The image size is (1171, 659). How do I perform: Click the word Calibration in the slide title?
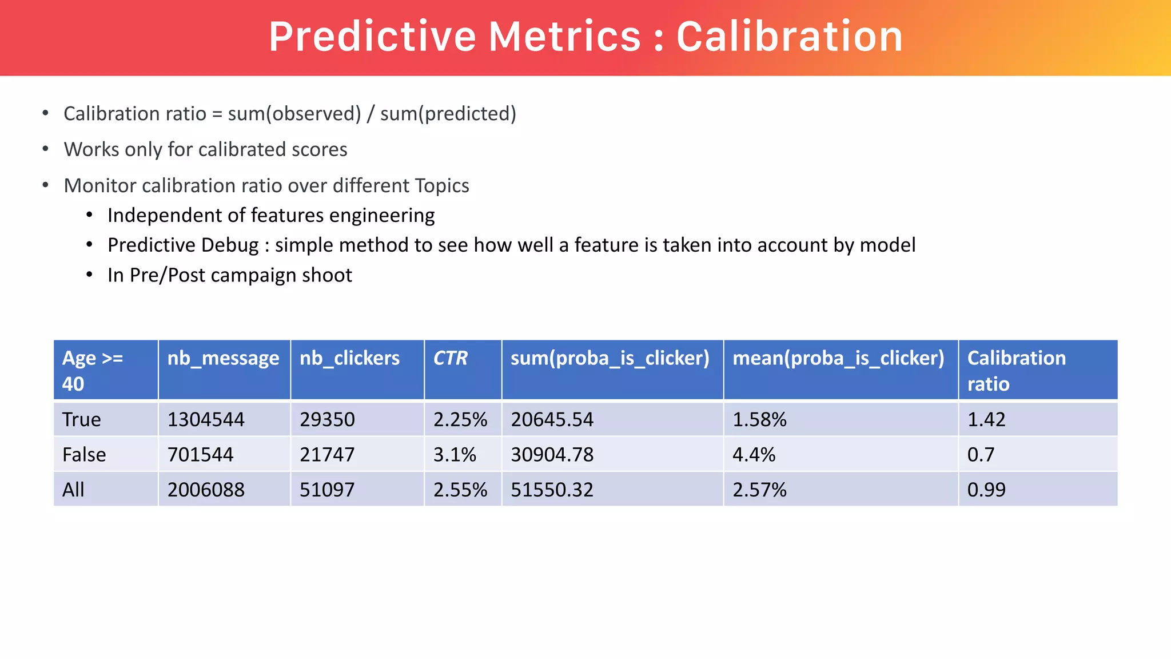tap(789, 37)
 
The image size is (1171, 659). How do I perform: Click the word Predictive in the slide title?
tap(372, 37)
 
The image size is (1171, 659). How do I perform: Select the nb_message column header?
tap(223, 358)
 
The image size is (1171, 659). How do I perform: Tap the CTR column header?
tap(450, 358)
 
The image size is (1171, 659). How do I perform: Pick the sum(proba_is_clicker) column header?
tap(610, 358)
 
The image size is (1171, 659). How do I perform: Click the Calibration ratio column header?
tap(1016, 370)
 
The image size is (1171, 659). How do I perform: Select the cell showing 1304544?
tap(206, 419)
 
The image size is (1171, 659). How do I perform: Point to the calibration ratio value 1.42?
tap(986, 419)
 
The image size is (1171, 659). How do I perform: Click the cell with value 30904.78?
tap(552, 455)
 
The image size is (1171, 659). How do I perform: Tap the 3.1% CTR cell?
tap(455, 455)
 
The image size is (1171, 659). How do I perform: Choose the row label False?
tap(84, 455)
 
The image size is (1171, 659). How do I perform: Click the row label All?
tap(73, 490)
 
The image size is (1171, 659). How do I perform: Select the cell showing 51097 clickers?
tap(327, 490)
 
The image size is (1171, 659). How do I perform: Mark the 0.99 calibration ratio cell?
tap(986, 490)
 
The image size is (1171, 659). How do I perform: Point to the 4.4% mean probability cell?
tap(754, 455)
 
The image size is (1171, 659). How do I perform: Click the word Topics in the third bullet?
tap(442, 186)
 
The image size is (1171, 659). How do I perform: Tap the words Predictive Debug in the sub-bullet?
tap(183, 245)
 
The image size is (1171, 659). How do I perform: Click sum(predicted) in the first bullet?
tap(448, 114)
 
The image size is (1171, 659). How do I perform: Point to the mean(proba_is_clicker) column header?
tap(838, 358)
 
